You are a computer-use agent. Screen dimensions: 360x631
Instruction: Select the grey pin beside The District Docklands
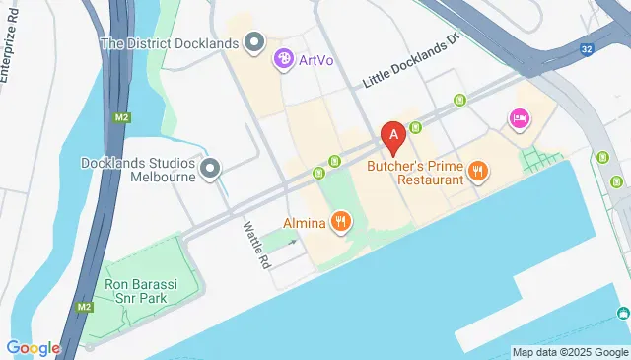(254, 42)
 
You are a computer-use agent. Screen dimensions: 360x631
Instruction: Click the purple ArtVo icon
(284, 60)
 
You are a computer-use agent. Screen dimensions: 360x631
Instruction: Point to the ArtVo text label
(316, 61)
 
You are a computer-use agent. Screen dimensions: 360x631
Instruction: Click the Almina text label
(305, 223)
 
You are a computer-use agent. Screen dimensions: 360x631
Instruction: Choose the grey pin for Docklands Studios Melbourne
(209, 170)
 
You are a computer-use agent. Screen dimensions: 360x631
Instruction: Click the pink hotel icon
(519, 119)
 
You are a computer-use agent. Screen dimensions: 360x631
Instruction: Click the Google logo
(33, 348)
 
